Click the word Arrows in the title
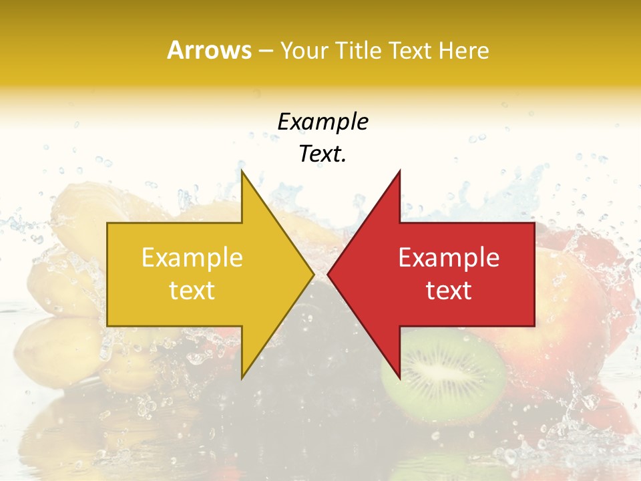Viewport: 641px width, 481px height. (x=209, y=50)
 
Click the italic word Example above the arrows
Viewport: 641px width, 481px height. (x=323, y=122)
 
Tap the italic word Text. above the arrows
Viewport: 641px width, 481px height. (x=323, y=154)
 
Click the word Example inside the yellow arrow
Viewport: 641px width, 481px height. (x=192, y=257)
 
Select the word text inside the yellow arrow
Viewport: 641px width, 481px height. (x=192, y=290)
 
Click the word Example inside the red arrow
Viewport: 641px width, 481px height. (x=449, y=257)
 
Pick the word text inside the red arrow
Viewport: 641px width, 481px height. (x=449, y=290)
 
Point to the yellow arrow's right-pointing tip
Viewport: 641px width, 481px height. (x=313, y=273)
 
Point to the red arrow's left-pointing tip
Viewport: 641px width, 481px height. (x=329, y=273)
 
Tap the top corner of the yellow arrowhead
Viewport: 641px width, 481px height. (x=242, y=172)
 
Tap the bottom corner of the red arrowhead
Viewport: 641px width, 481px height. (x=399, y=377)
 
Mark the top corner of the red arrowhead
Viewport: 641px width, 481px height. (x=399, y=172)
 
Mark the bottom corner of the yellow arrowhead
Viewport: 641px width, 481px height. (x=242, y=377)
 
